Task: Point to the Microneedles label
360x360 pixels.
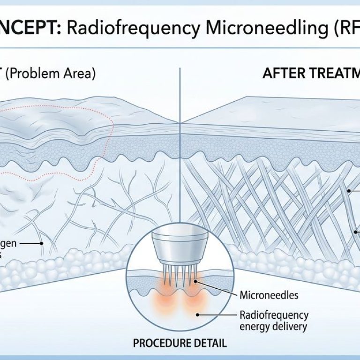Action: [269, 295]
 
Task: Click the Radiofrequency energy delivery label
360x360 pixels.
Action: [274, 320]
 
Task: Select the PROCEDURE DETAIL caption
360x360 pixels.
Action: [180, 343]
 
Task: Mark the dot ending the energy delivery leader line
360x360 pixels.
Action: [198, 315]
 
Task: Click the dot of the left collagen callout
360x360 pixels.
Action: [41, 244]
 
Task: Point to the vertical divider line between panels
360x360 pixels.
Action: [180, 141]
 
